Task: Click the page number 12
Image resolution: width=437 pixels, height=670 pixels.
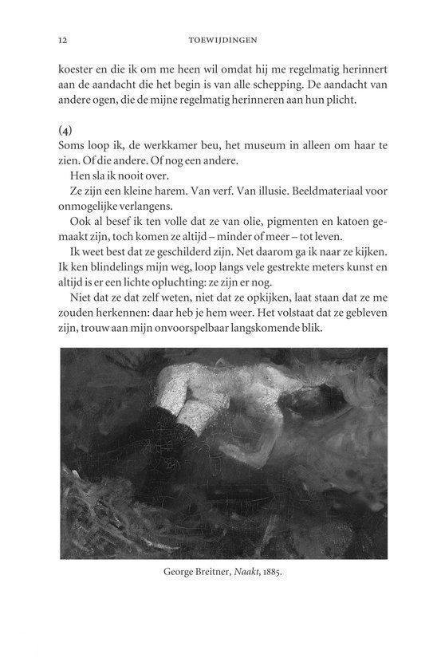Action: [x=62, y=38]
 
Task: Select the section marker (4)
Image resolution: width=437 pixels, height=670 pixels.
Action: [x=68, y=128]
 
